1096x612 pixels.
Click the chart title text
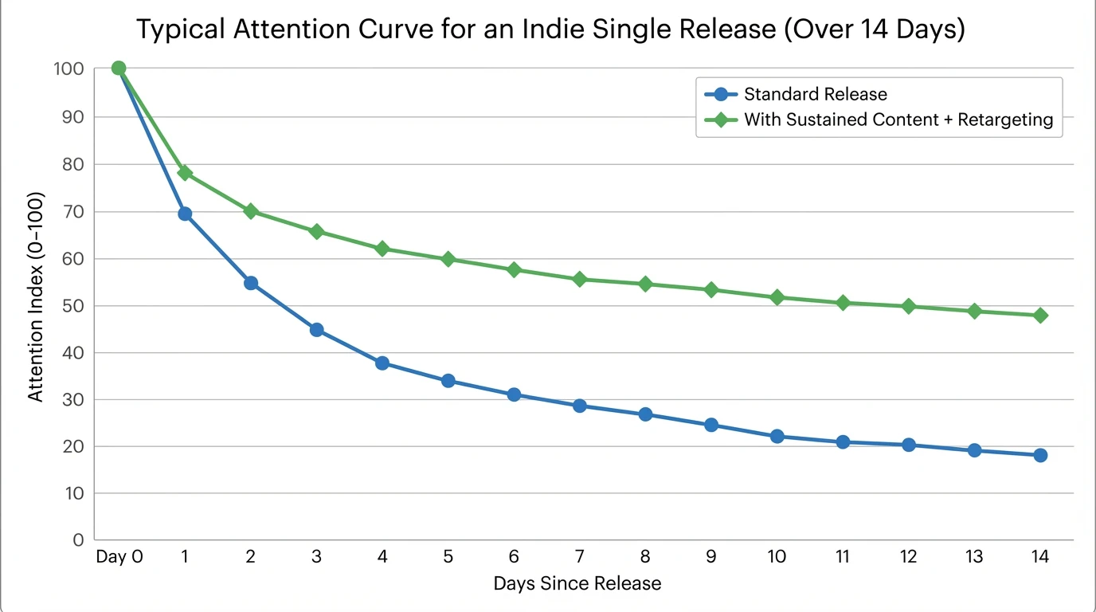(550, 29)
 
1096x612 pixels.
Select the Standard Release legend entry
(815, 94)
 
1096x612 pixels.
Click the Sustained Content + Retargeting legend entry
(898, 120)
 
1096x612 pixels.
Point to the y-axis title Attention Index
(36, 296)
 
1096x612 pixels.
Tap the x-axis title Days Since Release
(577, 583)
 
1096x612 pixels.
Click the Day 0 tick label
(119, 557)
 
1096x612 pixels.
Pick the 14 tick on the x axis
(1039, 557)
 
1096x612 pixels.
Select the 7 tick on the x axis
(579, 557)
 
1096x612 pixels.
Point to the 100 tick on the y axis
(68, 69)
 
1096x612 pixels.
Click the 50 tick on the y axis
(72, 306)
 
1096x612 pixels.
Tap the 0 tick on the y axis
(78, 540)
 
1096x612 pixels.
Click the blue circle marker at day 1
(185, 214)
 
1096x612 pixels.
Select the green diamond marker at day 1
(185, 173)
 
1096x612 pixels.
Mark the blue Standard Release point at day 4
(382, 363)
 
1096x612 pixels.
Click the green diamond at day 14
(1039, 316)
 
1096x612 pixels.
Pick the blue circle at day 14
(1039, 455)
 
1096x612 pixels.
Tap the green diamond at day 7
(579, 279)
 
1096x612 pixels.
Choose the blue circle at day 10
(777, 436)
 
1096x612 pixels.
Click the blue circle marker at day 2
(250, 283)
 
